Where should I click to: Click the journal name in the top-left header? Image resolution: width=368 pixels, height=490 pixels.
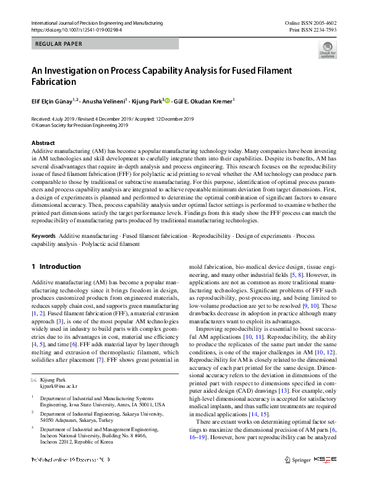coord(97,23)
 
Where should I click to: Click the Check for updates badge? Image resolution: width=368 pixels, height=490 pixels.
coord(327,49)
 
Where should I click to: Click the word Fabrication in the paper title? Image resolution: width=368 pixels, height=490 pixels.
coord(54,82)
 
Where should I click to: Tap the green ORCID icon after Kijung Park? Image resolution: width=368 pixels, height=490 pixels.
coord(167,101)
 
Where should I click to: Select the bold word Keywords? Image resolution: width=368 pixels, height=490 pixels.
coord(43,237)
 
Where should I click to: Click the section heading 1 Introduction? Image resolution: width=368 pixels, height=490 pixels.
coord(56,266)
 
